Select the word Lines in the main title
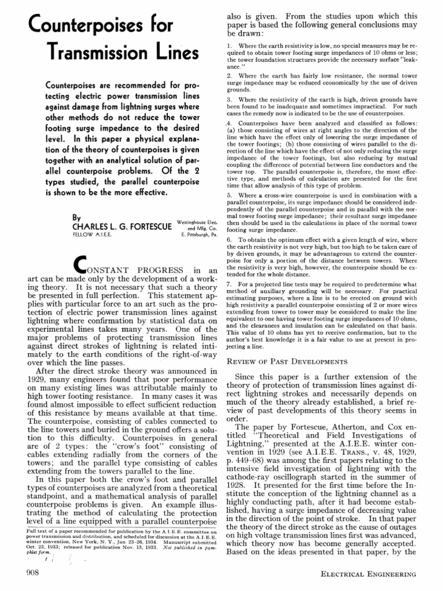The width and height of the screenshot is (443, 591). pyautogui.click(x=171, y=53)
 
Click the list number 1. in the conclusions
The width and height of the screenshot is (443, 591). pyautogui.click(x=229, y=45)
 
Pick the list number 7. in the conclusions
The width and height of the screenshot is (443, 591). pyautogui.click(x=229, y=285)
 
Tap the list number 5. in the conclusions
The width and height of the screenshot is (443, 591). pyautogui.click(x=229, y=196)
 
